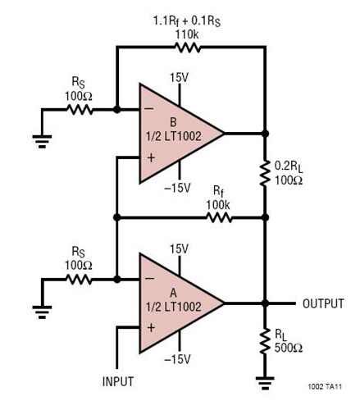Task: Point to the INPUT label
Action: point(117,382)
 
